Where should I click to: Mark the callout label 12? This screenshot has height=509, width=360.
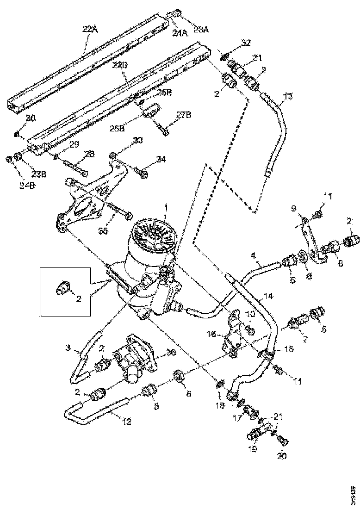point(126,422)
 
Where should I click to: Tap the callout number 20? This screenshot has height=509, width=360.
point(282,455)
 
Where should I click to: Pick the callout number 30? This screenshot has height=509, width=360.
point(30,118)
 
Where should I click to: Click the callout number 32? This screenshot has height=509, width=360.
point(246,43)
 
